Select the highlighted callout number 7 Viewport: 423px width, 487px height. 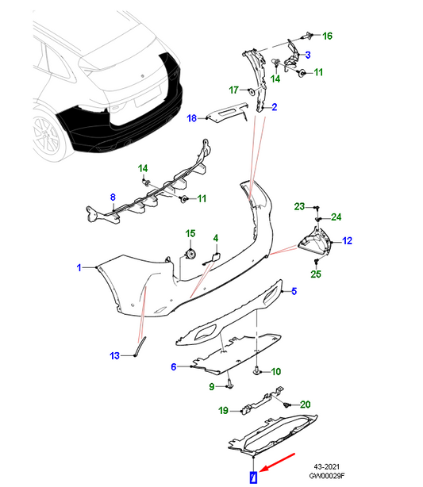(254, 477)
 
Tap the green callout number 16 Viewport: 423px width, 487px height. (327, 36)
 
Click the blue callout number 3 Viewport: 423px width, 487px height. (308, 55)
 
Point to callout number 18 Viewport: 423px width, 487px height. (192, 118)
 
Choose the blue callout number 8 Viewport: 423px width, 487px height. (113, 197)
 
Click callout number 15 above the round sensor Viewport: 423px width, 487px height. (190, 233)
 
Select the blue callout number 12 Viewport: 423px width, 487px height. (347, 240)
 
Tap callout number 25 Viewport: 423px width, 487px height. (316, 274)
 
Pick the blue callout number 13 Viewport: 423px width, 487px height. (115, 355)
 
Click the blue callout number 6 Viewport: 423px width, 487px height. (174, 366)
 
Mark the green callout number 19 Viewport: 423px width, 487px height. (223, 411)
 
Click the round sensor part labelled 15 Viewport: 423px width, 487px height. (190, 254)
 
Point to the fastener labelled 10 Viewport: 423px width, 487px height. (256, 370)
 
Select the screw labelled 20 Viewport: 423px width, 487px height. (286, 405)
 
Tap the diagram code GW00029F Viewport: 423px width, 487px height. (327, 476)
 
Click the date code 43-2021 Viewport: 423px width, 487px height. (327, 467)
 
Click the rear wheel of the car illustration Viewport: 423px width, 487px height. (48, 136)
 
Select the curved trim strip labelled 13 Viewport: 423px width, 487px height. (140, 346)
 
